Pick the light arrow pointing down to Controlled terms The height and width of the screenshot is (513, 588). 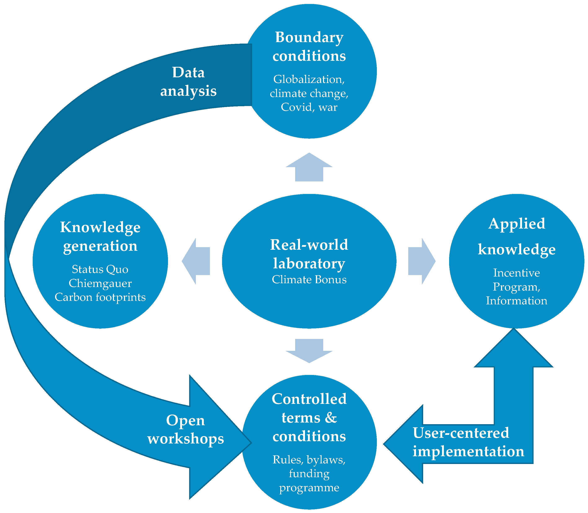309,351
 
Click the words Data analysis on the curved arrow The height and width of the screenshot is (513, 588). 188,81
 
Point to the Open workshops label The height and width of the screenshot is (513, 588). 186,429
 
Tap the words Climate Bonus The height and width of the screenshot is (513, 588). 309,280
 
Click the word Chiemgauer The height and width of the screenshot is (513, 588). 100,283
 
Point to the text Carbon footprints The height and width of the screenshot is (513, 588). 100,297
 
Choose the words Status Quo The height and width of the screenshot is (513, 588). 100,269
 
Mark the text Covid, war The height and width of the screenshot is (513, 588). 309,107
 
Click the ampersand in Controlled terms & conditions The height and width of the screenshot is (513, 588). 331,418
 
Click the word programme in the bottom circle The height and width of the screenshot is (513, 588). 309,487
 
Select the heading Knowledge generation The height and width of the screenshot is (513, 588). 100,236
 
